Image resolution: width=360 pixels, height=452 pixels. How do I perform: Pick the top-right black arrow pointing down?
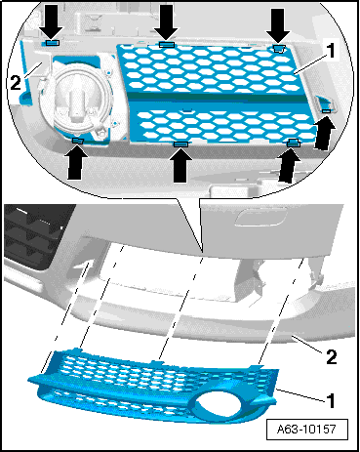(x=278, y=26)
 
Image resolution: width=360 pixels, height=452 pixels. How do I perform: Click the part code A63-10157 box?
(x=306, y=430)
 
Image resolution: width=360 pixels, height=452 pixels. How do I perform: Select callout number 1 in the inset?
(x=331, y=51)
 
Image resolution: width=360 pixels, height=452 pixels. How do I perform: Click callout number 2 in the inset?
(x=16, y=83)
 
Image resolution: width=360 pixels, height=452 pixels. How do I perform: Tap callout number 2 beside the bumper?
(x=332, y=357)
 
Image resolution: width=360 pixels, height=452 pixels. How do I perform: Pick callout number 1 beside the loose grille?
(x=331, y=401)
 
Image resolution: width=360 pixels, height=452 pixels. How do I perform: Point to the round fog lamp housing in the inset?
(x=76, y=101)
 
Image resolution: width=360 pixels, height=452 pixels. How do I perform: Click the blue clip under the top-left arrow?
(x=52, y=43)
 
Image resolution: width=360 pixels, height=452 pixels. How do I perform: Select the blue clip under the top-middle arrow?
(x=167, y=45)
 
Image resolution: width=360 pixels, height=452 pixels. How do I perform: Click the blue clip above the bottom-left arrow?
(x=78, y=141)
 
